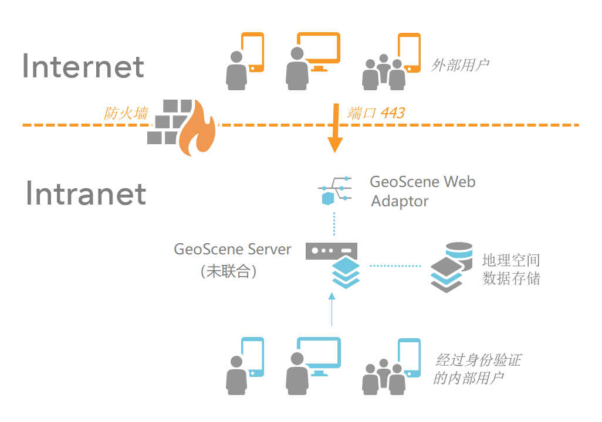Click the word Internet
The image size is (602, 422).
[83, 67]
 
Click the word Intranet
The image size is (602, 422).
[86, 193]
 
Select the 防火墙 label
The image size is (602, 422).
[126, 113]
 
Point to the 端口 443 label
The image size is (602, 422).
[376, 113]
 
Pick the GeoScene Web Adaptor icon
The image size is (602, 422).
[335, 190]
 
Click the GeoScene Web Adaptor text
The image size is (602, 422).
[422, 191]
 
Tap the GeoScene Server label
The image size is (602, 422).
[232, 249]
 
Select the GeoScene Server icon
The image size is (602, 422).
[333, 264]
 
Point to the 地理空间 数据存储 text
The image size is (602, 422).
[510, 269]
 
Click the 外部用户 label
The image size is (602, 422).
[460, 65]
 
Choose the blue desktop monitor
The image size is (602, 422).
[319, 353]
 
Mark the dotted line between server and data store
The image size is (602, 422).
[395, 266]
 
